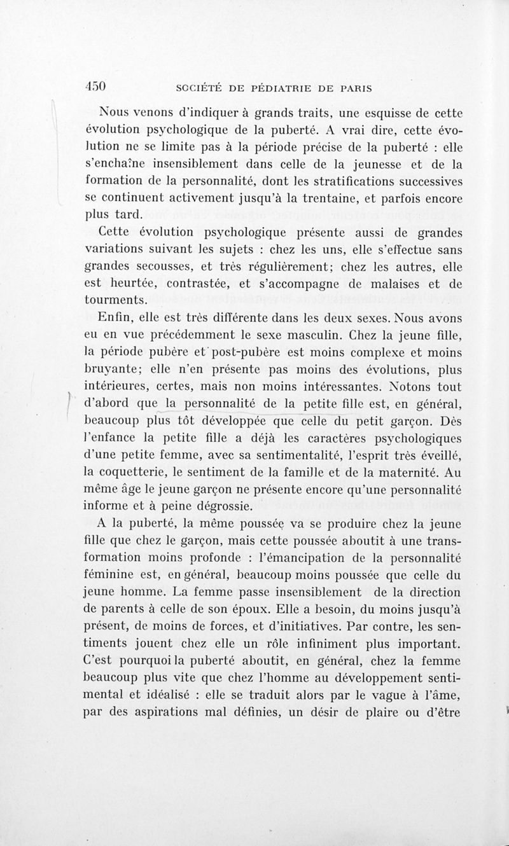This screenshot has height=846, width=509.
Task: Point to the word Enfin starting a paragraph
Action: [x=113, y=319]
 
